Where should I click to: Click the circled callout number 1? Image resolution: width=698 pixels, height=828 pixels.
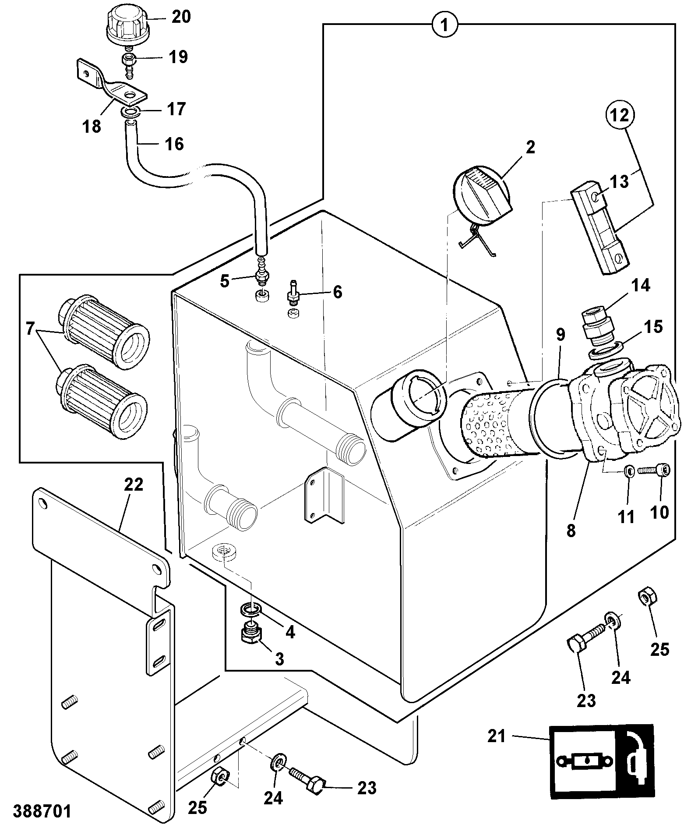[444, 25]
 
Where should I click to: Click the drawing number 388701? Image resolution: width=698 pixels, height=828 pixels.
[42, 811]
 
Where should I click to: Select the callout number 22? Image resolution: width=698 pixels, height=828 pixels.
[134, 485]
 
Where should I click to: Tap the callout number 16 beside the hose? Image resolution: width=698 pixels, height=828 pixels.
[173, 144]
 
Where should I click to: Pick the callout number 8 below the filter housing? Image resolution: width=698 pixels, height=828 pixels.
[571, 530]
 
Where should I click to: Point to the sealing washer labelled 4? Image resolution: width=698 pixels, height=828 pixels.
[251, 609]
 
